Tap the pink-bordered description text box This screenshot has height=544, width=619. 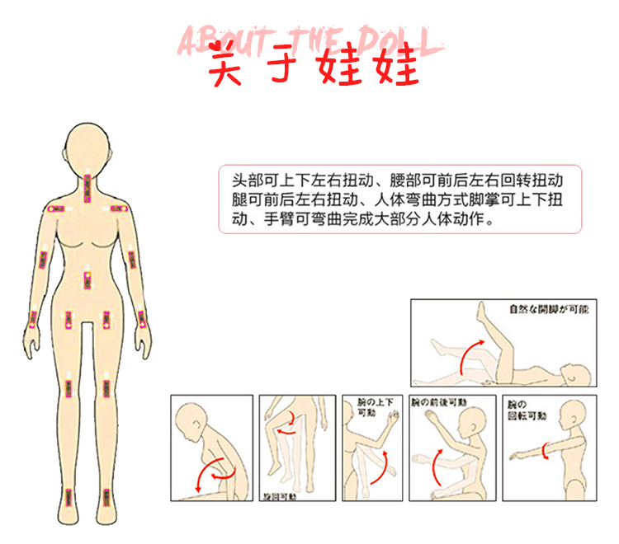coord(399,199)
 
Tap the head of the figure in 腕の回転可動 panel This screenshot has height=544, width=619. coord(573,417)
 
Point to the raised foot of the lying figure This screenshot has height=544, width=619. coord(482,312)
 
